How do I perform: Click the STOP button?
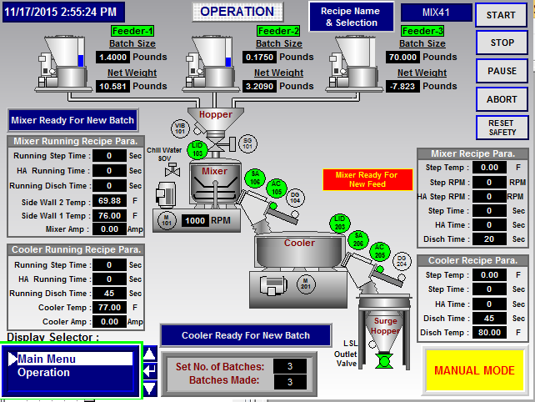tap(502, 43)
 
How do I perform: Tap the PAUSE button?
tap(502, 71)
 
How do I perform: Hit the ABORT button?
tap(502, 98)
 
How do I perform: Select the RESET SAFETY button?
tap(502, 127)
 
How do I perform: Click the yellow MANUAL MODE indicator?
tap(474, 371)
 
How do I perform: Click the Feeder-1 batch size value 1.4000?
tap(112, 58)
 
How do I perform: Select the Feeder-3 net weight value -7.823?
tap(404, 86)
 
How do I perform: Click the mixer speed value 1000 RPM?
tap(194, 221)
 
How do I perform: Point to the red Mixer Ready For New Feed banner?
tap(366, 179)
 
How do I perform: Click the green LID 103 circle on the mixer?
tap(197, 149)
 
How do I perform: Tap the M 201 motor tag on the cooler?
tap(306, 283)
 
